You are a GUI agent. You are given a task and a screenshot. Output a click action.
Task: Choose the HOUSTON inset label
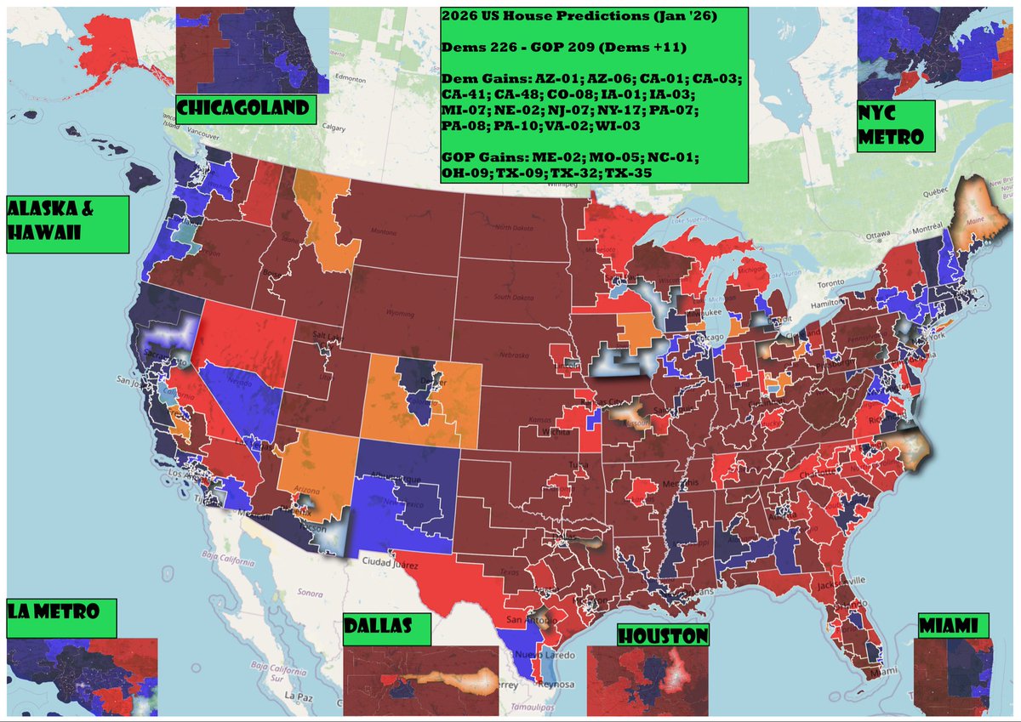[663, 634]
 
